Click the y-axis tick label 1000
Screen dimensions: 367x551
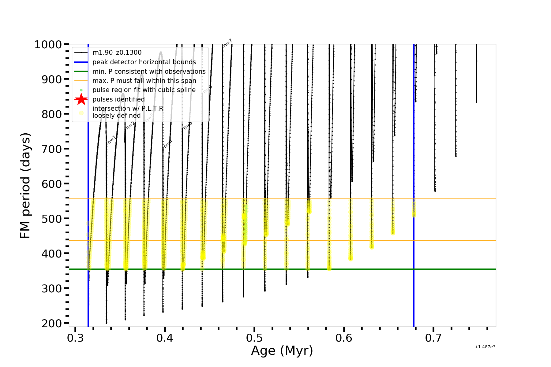[48, 45]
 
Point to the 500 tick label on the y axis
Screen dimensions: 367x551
[51, 219]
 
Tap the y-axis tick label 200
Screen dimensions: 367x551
[51, 323]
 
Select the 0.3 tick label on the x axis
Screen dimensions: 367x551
[75, 338]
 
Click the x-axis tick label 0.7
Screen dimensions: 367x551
[433, 338]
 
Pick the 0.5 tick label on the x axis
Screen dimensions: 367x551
[254, 338]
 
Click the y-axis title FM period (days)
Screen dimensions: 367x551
[25, 185]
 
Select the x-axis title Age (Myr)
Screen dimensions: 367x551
[282, 351]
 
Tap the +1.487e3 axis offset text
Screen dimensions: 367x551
[485, 347]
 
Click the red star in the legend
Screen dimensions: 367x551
[81, 99]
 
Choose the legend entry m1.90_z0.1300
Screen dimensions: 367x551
[117, 53]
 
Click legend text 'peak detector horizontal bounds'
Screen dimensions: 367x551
[144, 62]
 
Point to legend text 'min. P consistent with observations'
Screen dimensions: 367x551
[149, 72]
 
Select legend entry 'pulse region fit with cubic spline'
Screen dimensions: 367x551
[144, 90]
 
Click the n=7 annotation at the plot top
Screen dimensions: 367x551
[227, 43]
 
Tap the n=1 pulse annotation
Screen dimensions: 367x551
[112, 140]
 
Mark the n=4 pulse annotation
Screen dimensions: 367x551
[168, 144]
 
